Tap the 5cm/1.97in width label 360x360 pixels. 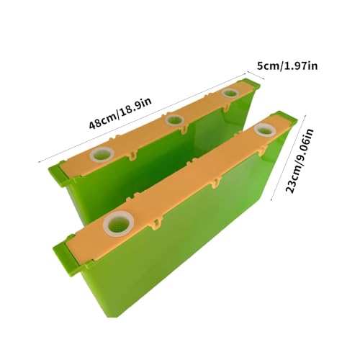[x=287, y=66]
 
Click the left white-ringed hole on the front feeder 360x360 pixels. [x=119, y=225]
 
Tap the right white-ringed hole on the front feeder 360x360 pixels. [x=265, y=130]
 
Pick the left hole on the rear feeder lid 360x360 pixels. [x=102, y=154]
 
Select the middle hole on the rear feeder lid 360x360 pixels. [x=174, y=120]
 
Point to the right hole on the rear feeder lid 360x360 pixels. [x=230, y=93]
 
